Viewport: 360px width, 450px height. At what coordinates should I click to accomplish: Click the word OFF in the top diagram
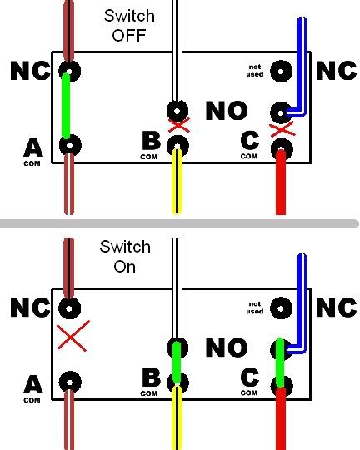[x=129, y=35]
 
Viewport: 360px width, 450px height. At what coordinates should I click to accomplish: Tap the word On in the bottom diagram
[x=125, y=267]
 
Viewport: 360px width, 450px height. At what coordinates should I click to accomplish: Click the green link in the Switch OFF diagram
[x=66, y=106]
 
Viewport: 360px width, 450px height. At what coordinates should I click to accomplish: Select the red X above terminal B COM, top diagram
[x=179, y=125]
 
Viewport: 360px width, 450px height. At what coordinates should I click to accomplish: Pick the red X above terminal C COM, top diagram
[x=282, y=129]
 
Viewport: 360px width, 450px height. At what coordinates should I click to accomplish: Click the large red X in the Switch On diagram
[x=73, y=336]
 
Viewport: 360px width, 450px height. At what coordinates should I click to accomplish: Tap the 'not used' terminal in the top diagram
[x=282, y=71]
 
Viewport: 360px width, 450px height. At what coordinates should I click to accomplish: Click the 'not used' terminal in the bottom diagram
[x=282, y=308]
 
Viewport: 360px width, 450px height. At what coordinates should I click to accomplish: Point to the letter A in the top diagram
[x=33, y=147]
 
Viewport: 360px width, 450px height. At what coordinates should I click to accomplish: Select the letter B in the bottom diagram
[x=152, y=377]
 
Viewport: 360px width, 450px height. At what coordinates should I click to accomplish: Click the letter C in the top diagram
[x=250, y=141]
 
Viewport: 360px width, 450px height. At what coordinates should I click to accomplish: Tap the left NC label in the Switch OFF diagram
[x=30, y=71]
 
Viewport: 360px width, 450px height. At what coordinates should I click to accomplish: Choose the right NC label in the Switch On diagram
[x=337, y=307]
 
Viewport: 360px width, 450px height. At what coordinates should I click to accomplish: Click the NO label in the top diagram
[x=227, y=111]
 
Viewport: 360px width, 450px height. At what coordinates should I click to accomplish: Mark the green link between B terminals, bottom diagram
[x=177, y=362]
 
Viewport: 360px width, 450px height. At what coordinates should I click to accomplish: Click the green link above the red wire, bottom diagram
[x=280, y=363]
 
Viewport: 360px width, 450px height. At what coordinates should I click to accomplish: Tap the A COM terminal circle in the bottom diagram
[x=70, y=382]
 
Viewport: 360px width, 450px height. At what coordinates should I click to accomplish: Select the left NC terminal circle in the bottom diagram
[x=69, y=308]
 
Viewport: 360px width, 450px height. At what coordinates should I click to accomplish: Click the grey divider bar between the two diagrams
[x=179, y=223]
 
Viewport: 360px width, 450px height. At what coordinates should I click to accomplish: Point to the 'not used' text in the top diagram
[x=255, y=71]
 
